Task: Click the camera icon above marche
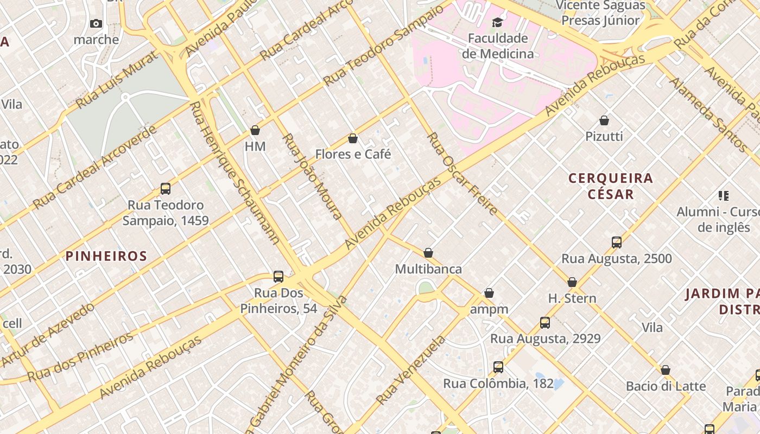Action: tap(96, 23)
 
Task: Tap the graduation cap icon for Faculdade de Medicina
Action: tap(497, 22)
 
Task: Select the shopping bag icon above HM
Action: tap(255, 130)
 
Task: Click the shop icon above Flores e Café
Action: tap(353, 138)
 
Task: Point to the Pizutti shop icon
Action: tap(604, 120)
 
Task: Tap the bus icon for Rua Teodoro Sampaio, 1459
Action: tap(166, 189)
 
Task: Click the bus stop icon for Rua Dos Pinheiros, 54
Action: tap(278, 277)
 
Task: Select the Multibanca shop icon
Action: tap(428, 253)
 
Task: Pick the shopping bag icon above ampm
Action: tap(489, 293)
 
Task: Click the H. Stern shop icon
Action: tap(572, 282)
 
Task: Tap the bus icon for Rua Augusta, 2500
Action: tap(617, 242)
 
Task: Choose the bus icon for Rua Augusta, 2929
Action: tap(545, 323)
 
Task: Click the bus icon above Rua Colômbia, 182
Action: tap(498, 367)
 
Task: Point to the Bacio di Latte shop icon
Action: tap(666, 370)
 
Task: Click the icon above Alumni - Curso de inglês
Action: tap(723, 195)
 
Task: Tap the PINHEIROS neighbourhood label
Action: tap(106, 256)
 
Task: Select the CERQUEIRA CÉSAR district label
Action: tap(611, 186)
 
